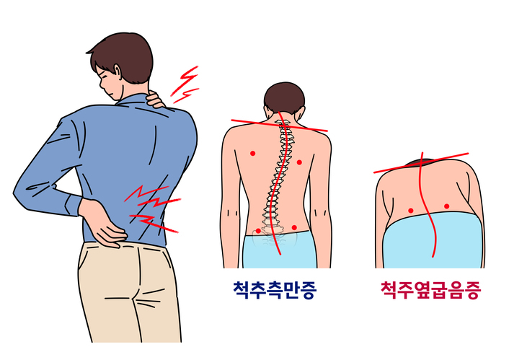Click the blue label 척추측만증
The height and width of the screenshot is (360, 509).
tap(275, 289)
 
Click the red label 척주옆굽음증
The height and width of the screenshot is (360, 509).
tap(430, 290)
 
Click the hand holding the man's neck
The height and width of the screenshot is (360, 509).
tap(156, 99)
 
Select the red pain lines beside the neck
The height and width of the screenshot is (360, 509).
tap(185, 84)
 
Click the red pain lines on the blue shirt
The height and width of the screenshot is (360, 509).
tap(152, 208)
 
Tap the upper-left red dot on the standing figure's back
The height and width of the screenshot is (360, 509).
tap(253, 153)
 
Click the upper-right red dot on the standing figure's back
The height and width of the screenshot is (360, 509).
tap(299, 162)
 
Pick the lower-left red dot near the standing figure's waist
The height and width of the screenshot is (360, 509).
tap(258, 231)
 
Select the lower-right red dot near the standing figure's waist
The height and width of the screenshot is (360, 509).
tap(294, 227)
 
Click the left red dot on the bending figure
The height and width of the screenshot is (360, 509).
tap(411, 211)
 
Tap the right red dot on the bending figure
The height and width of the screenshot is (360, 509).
tap(447, 206)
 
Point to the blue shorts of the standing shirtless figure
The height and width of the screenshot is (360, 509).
tap(280, 250)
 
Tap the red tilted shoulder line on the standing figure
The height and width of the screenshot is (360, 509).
tap(279, 126)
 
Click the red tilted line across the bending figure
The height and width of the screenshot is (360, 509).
tap(421, 163)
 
